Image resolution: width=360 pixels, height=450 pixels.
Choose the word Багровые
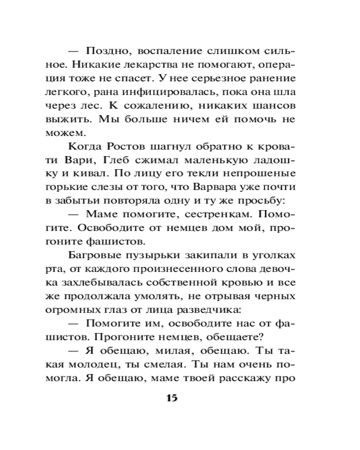click(x=94, y=256)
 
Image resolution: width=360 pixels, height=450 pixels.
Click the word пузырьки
click(x=148, y=256)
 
